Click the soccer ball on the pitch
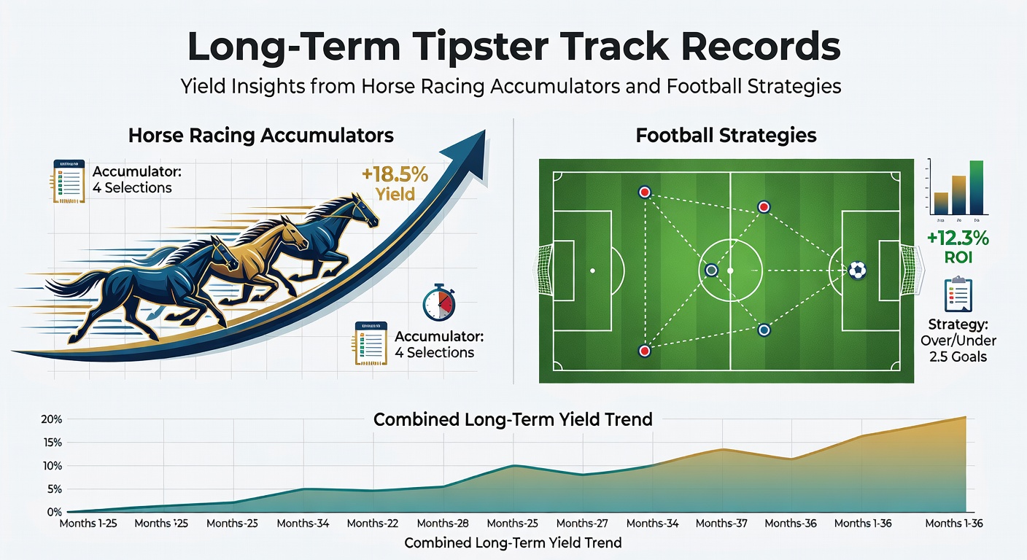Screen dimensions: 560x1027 click(858, 271)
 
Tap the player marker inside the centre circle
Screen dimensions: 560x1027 click(711, 271)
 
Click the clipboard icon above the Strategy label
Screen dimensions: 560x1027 click(958, 295)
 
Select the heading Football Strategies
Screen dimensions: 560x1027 click(726, 136)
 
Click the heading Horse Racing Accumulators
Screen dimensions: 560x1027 click(260, 136)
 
